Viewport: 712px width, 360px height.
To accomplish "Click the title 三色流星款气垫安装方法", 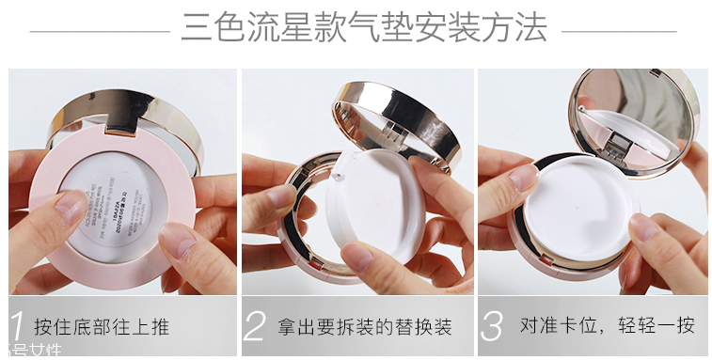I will (x=364, y=27).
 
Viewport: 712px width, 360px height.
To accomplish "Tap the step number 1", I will (x=16, y=324).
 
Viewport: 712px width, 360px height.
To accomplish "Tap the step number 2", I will (x=254, y=325).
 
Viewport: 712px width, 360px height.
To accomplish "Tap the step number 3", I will (x=492, y=325).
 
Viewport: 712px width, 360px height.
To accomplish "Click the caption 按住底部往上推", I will (x=102, y=327).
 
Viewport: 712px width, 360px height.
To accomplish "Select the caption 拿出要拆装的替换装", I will (x=365, y=327).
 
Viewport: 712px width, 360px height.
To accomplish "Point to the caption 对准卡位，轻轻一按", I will (x=608, y=326).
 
